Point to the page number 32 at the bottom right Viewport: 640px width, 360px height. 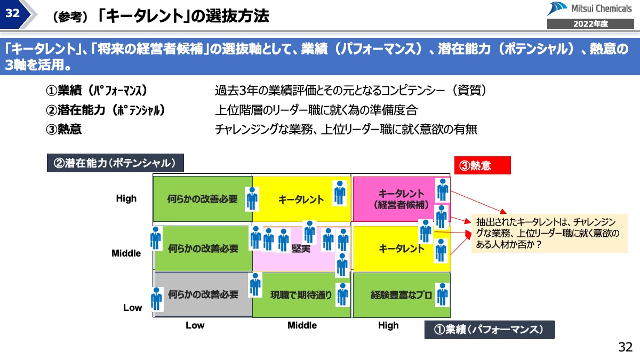point(625,347)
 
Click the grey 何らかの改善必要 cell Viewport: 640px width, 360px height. point(203,294)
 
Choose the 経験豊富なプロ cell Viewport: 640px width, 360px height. point(401,295)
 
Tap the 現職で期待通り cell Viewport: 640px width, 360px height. point(301,295)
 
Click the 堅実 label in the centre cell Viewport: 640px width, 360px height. point(301,249)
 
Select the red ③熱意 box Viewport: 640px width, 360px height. point(482,165)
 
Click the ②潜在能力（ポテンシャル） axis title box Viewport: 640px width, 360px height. point(115,163)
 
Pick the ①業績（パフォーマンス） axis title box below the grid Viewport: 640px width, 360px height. point(489,330)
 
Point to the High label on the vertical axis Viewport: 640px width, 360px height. point(126,198)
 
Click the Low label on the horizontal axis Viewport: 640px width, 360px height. point(195,325)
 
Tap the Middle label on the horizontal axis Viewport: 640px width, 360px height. point(302,325)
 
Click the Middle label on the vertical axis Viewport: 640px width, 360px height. point(126,253)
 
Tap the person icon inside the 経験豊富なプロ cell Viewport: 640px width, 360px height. point(442,294)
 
